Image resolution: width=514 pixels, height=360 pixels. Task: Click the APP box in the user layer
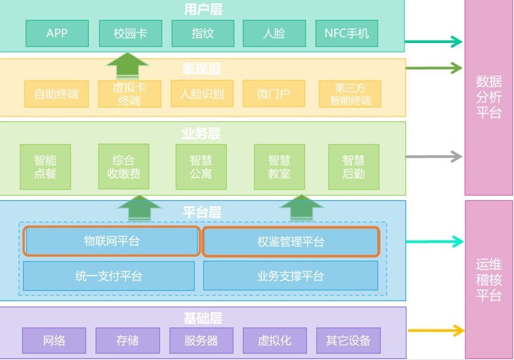click(57, 33)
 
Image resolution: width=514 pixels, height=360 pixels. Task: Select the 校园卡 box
click(130, 33)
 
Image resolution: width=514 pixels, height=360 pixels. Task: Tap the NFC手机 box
click(346, 33)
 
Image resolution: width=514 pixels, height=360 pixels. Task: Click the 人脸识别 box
click(202, 94)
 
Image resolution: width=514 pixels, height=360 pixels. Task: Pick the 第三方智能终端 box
click(350, 94)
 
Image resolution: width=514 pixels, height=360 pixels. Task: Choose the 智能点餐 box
click(45, 167)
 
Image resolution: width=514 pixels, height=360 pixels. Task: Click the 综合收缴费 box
click(123, 167)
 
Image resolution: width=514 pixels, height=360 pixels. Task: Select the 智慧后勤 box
click(353, 167)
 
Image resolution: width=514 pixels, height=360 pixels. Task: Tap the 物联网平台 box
click(111, 241)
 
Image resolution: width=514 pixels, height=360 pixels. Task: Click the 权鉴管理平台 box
click(290, 242)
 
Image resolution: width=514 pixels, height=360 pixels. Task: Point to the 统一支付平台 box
click(109, 275)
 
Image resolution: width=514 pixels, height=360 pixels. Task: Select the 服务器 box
click(201, 340)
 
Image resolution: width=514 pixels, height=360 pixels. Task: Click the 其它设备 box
click(348, 340)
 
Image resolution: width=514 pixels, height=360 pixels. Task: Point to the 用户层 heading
click(203, 9)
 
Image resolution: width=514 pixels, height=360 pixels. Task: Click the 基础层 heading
click(203, 318)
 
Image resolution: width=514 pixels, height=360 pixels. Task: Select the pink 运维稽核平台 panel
click(489, 279)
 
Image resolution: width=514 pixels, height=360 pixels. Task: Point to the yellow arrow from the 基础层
click(435, 330)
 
